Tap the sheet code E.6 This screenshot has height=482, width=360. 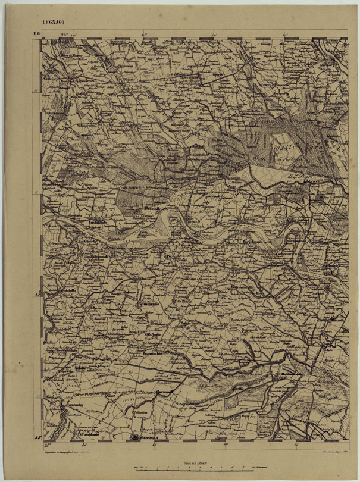tap(36, 33)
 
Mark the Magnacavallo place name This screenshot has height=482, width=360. tap(243, 287)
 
